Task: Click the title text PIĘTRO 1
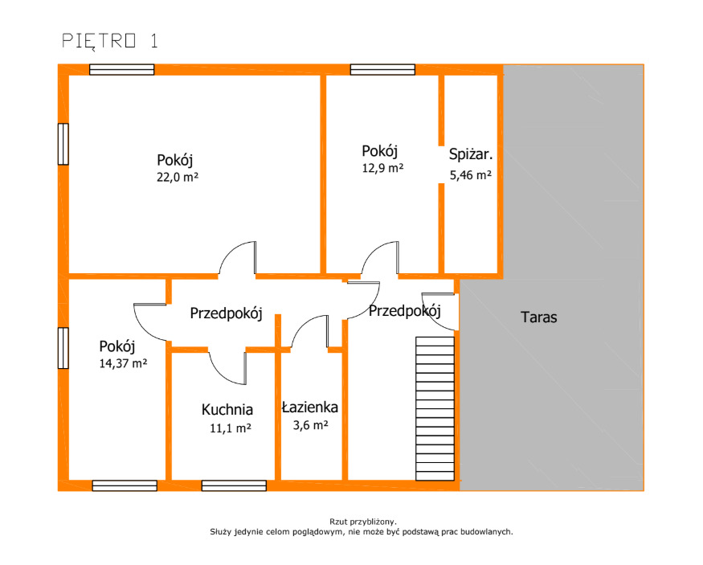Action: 110,41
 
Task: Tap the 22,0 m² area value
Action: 178,177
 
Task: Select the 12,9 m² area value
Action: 382,168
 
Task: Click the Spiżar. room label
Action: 471,154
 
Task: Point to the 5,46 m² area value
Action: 471,175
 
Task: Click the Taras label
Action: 539,317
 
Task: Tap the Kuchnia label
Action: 227,409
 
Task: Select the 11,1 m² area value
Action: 231,428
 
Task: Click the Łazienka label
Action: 310,407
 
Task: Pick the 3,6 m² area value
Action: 311,424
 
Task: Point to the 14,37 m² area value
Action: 123,363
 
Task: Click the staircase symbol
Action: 435,408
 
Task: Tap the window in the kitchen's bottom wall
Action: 234,485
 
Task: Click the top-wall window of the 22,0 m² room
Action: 122,69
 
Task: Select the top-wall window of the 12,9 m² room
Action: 382,69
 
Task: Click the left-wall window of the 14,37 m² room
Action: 63,348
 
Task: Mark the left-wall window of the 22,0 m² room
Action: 63,144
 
